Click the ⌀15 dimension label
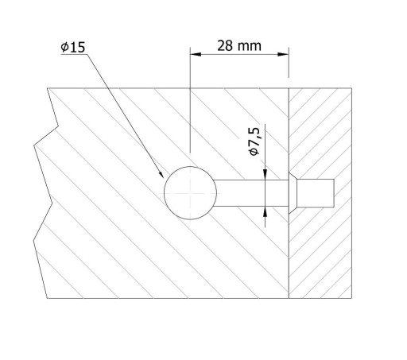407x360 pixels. [73, 47]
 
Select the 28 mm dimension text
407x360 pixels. [239, 46]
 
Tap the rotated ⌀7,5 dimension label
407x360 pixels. [254, 141]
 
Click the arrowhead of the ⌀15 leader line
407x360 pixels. [161, 174]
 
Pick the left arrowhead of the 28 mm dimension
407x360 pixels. [196, 54]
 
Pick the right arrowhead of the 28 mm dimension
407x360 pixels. [283, 54]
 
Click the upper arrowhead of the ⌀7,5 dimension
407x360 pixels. [266, 175]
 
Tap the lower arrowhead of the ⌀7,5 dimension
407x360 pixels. [266, 211]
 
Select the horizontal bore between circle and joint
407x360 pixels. [251, 193]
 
